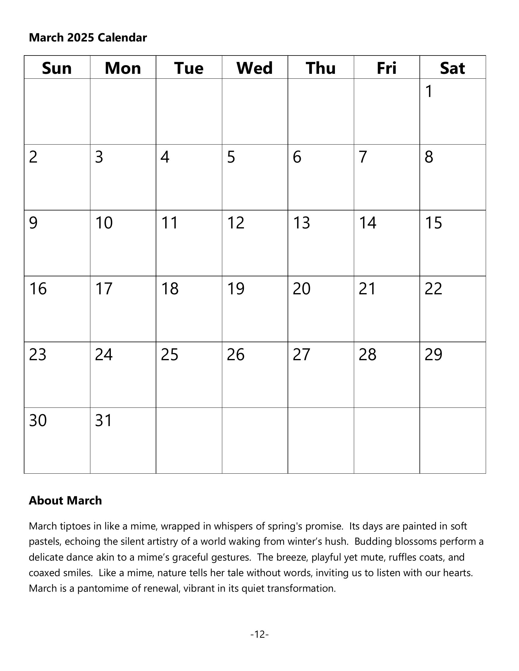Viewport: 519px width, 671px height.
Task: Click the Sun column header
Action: (x=57, y=68)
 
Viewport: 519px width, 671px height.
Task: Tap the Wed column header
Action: (x=255, y=68)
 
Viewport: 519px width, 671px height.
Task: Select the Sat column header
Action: (x=452, y=68)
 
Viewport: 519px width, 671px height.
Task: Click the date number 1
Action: (x=429, y=91)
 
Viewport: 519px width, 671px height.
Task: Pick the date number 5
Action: (x=231, y=157)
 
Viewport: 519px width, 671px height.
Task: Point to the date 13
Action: (x=301, y=223)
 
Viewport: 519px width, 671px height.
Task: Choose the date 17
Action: (x=104, y=289)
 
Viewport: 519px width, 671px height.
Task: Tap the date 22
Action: (x=433, y=289)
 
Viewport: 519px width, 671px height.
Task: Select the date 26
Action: (x=235, y=354)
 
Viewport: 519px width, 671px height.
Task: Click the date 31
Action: (x=103, y=421)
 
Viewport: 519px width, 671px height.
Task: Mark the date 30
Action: (x=38, y=421)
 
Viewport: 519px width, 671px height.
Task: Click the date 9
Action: (x=33, y=223)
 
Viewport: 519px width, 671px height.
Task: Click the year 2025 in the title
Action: (x=80, y=38)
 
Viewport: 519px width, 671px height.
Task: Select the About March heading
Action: (x=65, y=501)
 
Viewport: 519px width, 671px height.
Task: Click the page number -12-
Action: (x=259, y=634)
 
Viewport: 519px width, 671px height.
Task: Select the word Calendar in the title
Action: (x=122, y=38)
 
